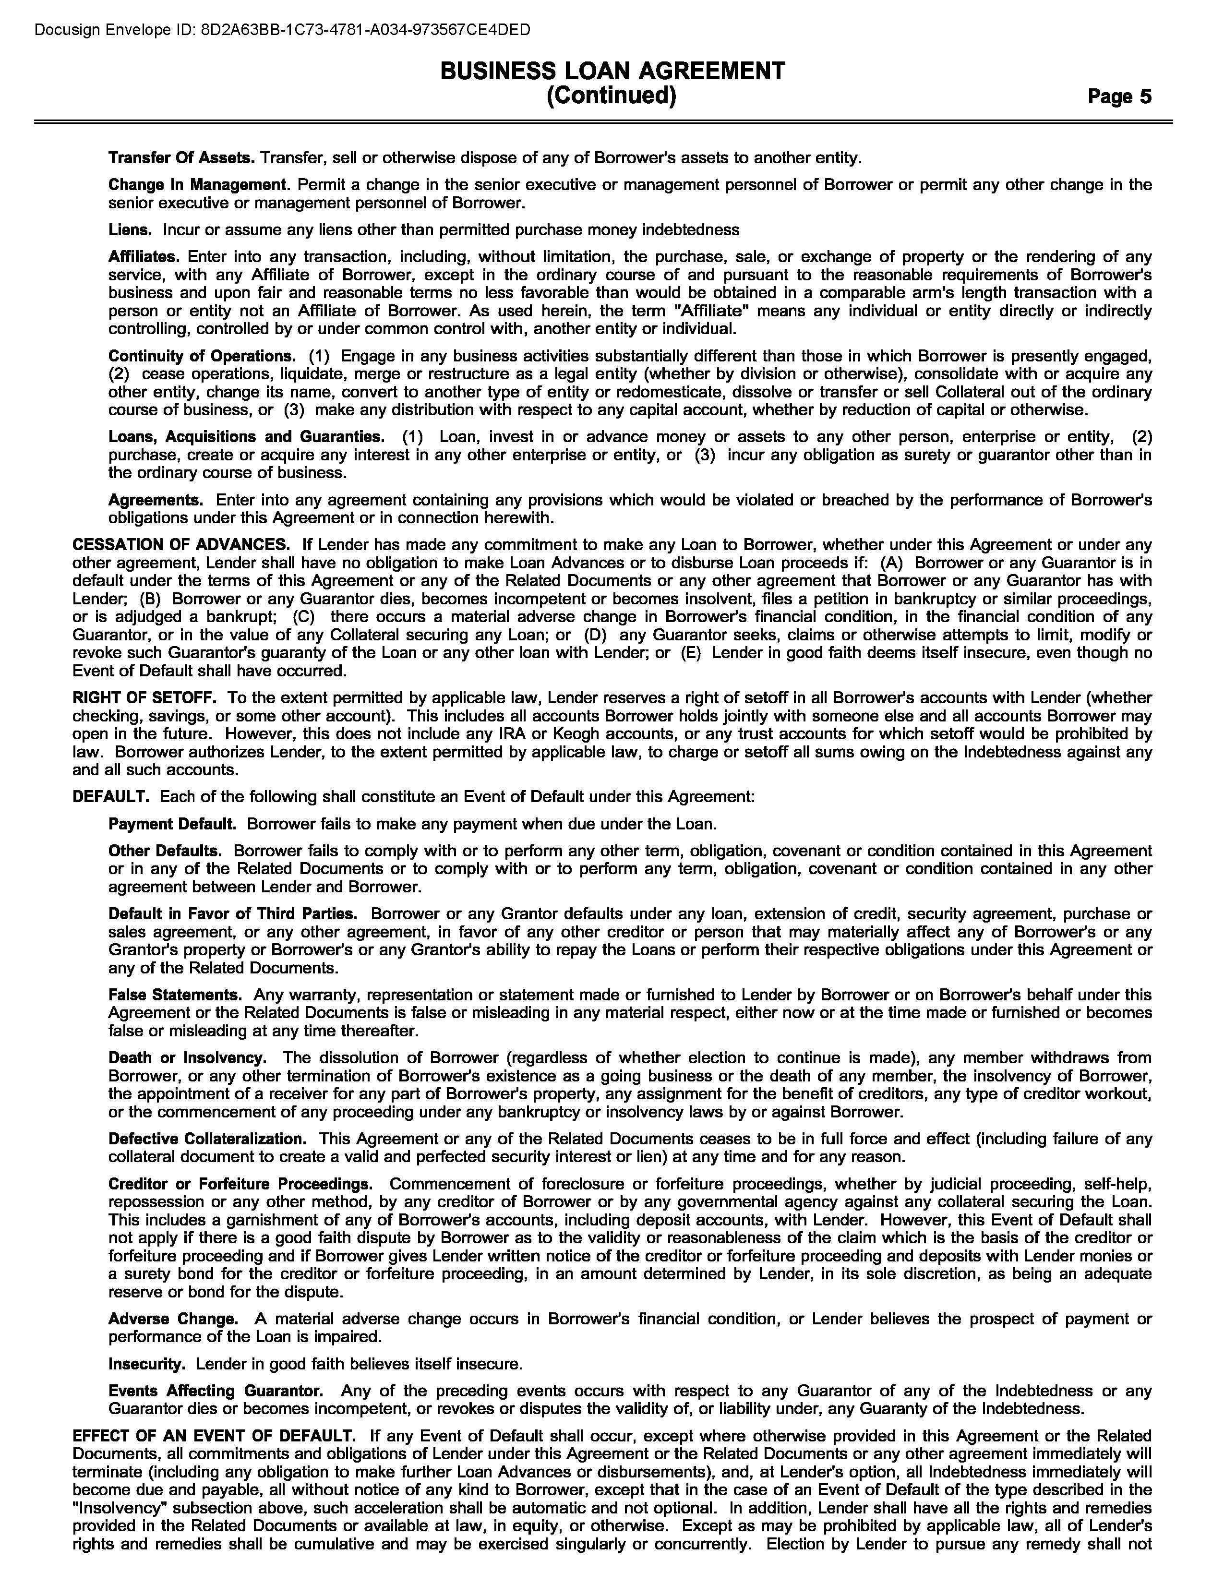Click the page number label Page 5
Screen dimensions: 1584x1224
click(1119, 96)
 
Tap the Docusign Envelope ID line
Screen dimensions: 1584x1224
click(283, 30)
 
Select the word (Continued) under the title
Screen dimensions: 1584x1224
click(611, 96)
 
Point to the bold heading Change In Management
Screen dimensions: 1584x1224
click(198, 184)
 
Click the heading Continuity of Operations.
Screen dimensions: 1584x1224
click(202, 356)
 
